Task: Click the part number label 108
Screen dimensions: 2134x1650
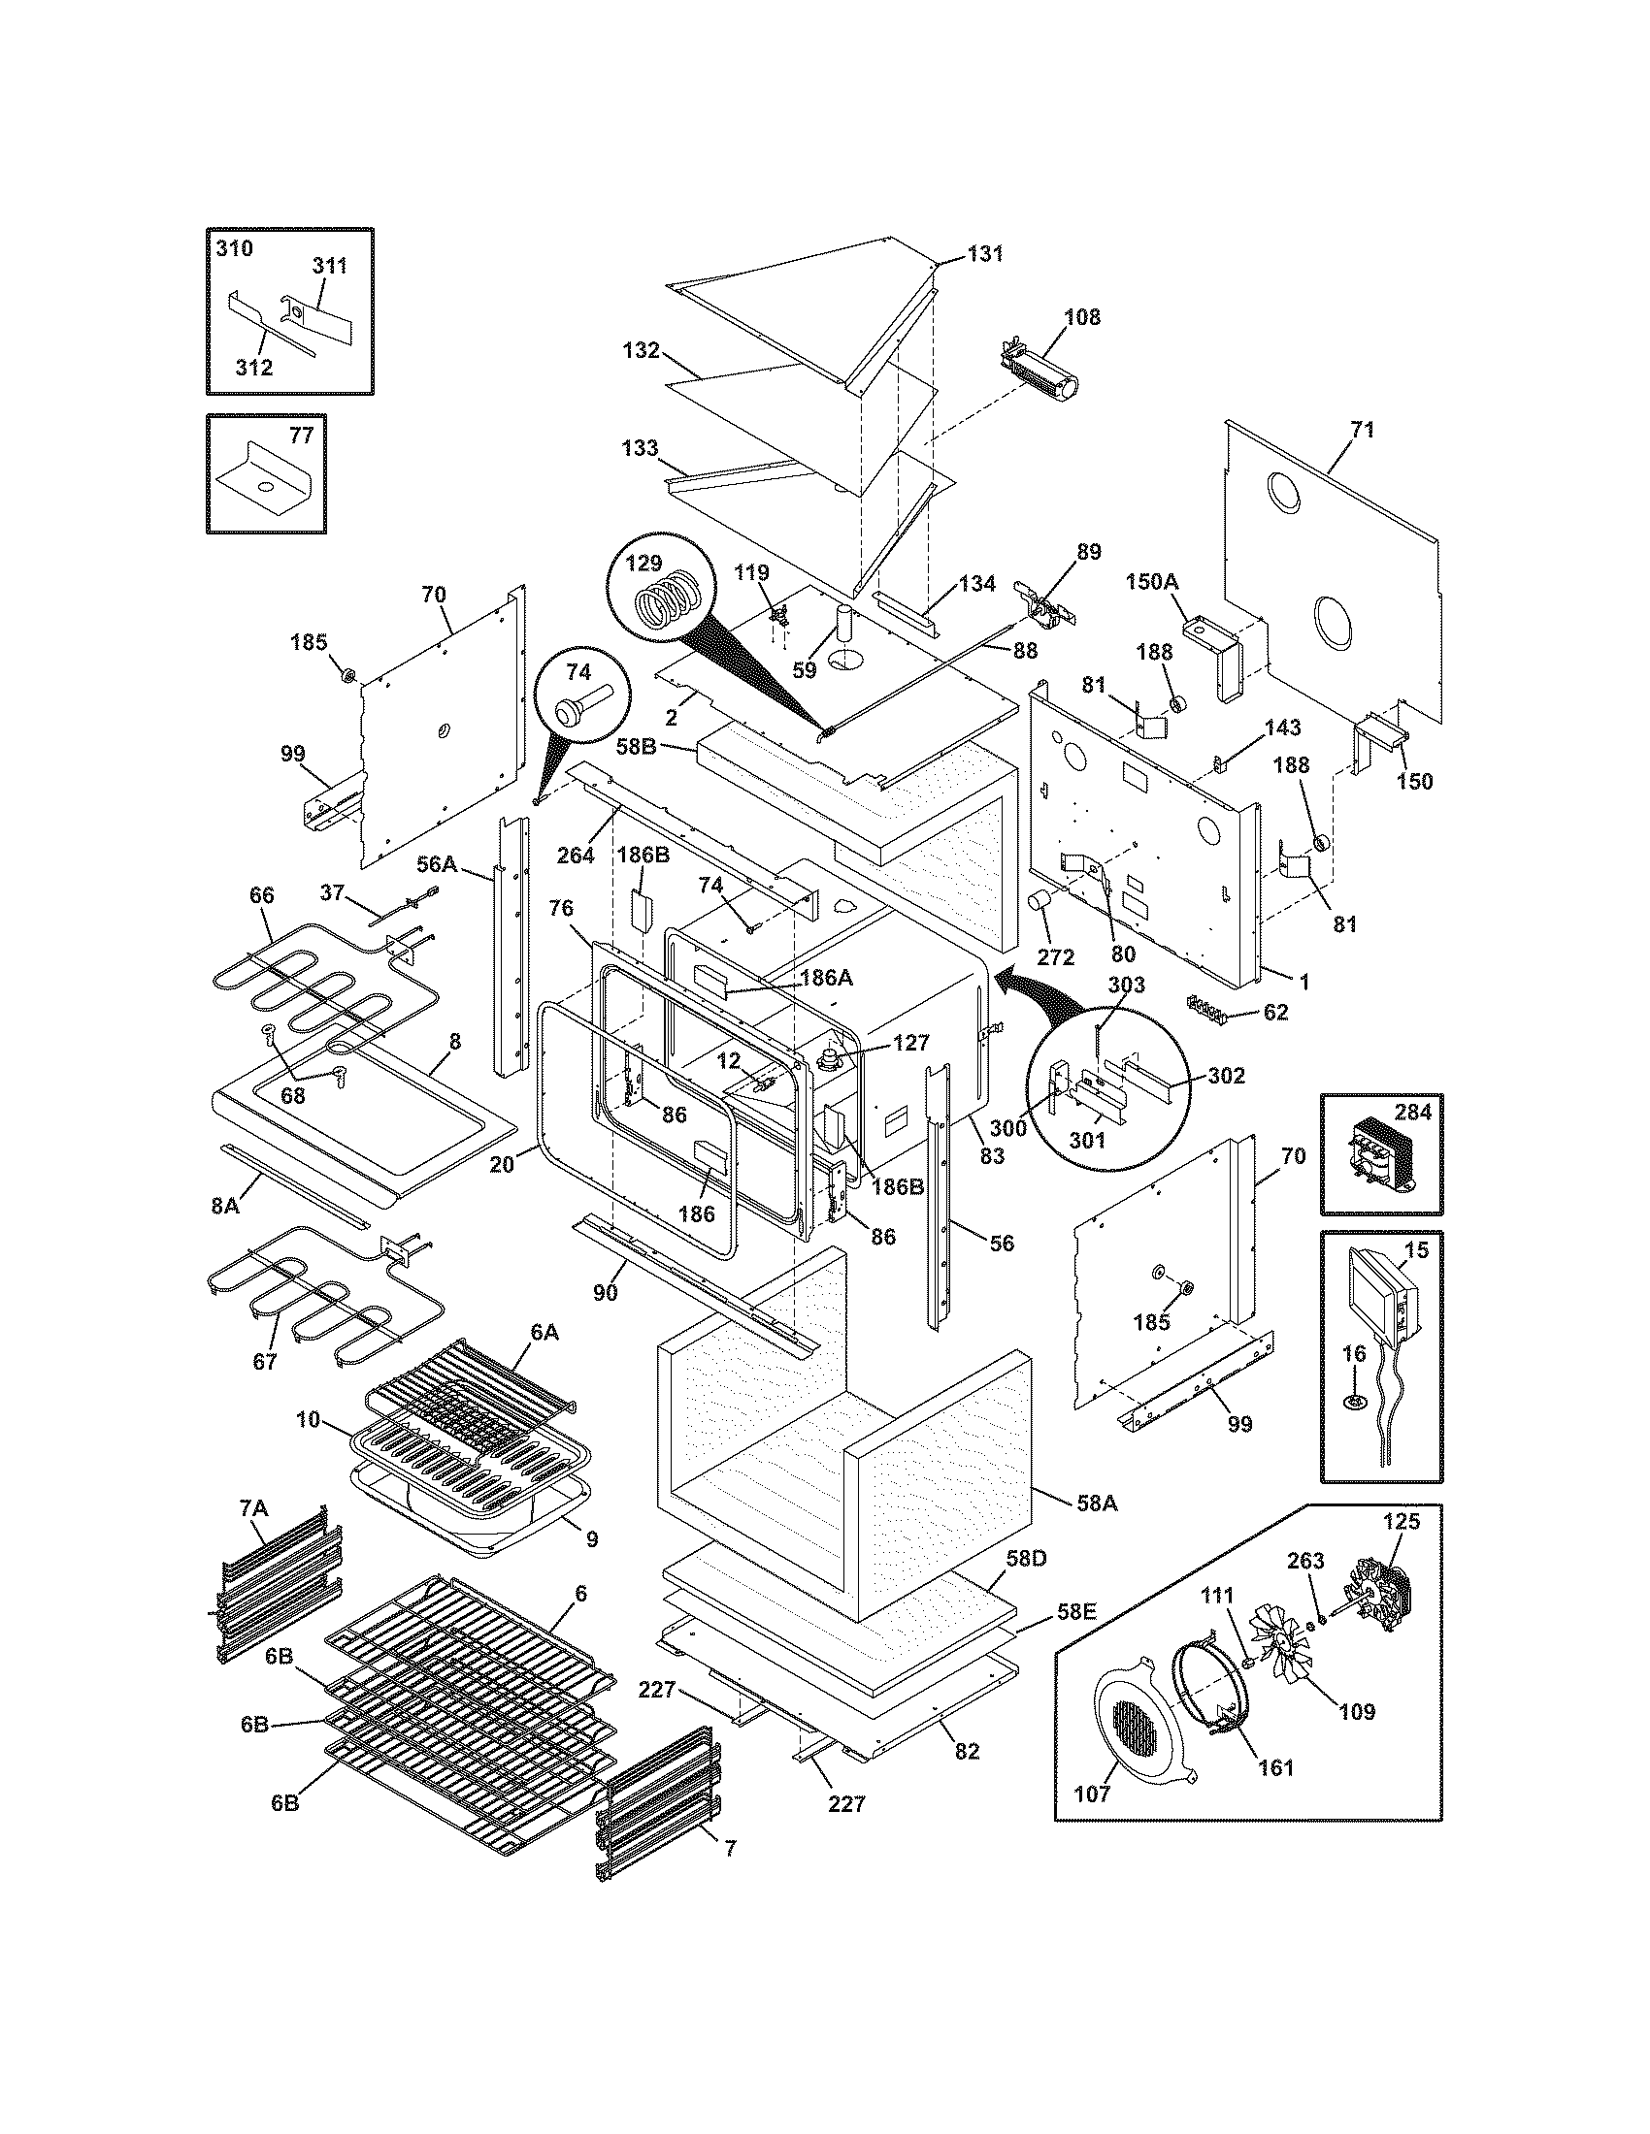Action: tap(1082, 316)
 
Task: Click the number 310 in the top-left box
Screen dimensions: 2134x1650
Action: tap(234, 248)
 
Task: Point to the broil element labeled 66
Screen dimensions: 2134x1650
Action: tap(322, 996)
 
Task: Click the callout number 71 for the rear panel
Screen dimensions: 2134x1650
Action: tap(1363, 430)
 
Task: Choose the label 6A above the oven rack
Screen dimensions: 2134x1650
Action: tap(544, 1332)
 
